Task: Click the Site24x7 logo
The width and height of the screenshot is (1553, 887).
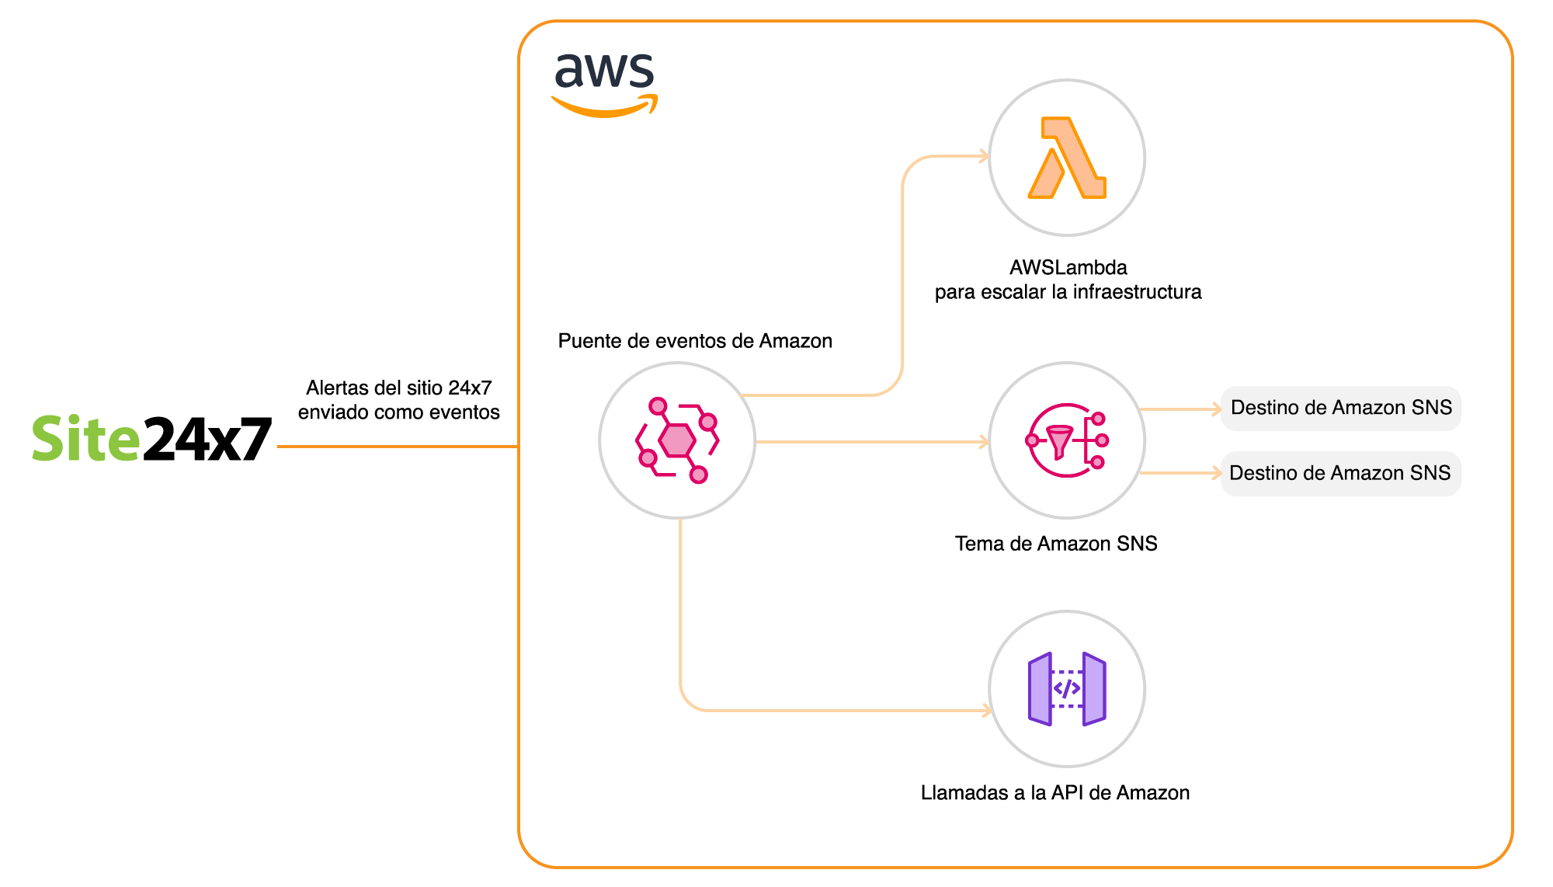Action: (151, 439)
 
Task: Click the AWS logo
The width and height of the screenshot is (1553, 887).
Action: (605, 84)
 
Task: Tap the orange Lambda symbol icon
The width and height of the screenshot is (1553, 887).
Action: (1067, 158)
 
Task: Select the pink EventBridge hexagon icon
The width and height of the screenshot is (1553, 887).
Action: (677, 440)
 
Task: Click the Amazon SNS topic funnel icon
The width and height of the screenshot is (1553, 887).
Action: (1067, 440)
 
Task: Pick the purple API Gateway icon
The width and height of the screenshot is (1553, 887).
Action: (1067, 689)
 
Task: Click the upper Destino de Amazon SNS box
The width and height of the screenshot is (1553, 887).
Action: (1341, 409)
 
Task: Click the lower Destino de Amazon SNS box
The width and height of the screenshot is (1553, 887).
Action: (1341, 474)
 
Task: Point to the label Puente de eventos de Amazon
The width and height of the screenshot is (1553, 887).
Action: (694, 341)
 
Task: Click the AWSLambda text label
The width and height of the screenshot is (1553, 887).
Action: (1068, 268)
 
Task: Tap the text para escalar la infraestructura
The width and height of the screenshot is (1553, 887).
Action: (1068, 293)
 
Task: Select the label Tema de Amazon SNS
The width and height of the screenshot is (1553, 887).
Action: (1055, 544)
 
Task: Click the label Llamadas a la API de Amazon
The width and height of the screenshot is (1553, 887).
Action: (1054, 793)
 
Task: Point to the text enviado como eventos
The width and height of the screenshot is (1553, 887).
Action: (398, 412)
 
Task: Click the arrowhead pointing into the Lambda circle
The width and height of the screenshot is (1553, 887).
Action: (984, 157)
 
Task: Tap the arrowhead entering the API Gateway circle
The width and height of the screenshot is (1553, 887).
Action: (987, 711)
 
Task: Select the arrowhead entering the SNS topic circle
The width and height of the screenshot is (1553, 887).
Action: (984, 442)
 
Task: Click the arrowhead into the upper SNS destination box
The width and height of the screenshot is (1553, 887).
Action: (1216, 409)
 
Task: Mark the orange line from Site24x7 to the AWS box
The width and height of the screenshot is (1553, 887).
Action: (396, 447)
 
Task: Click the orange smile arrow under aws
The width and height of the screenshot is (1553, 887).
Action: (605, 109)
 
